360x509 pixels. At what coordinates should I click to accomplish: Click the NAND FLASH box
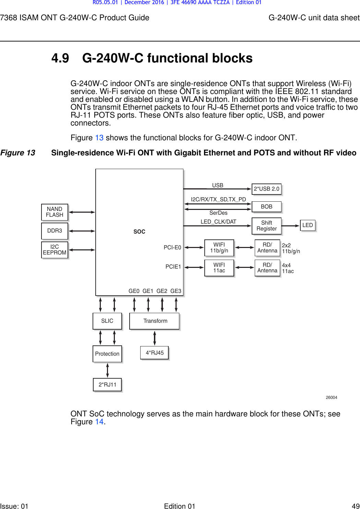[55, 212]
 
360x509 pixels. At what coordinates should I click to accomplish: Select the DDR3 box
[55, 231]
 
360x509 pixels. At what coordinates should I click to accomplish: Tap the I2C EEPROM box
[55, 250]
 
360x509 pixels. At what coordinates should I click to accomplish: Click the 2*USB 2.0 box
[266, 189]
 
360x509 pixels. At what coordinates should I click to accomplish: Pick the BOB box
[266, 206]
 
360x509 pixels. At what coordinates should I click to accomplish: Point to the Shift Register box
[266, 226]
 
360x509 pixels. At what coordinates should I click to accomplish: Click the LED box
[308, 225]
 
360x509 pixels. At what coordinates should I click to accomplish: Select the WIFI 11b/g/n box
[219, 248]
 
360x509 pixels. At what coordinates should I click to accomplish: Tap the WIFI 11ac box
[219, 268]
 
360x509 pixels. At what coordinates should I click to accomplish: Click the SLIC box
[107, 321]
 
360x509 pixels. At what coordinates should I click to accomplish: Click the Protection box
[107, 354]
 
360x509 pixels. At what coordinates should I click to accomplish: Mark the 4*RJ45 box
[154, 353]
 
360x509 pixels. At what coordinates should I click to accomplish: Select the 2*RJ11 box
[107, 384]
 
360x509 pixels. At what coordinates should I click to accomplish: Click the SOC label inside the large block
[139, 232]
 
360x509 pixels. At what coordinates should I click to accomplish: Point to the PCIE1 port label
[173, 267]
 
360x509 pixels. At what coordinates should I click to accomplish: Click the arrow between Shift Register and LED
[290, 226]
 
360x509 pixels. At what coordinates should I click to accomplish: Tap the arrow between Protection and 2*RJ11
[108, 370]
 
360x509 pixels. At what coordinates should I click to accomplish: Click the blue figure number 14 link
[99, 422]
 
